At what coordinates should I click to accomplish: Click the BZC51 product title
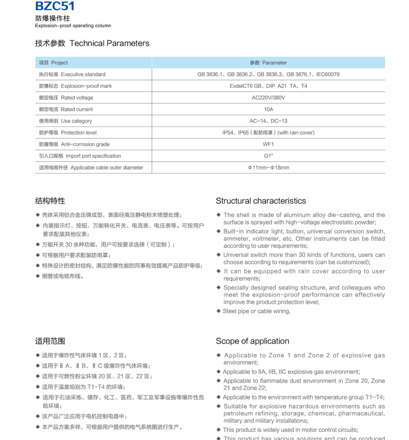(x=55, y=6)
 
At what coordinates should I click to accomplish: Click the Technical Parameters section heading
(x=92, y=43)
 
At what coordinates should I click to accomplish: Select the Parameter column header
(x=268, y=63)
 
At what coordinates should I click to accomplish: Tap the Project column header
(x=54, y=63)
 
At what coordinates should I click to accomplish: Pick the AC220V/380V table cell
(x=268, y=98)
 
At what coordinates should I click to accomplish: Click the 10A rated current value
(x=268, y=109)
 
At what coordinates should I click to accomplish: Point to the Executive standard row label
(x=72, y=75)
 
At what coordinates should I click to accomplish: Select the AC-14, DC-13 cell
(x=268, y=121)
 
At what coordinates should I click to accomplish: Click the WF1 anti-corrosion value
(x=268, y=144)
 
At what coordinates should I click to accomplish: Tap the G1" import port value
(x=268, y=156)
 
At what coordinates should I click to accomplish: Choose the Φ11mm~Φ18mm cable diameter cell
(x=268, y=168)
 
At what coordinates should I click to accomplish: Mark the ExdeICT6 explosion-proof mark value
(x=268, y=86)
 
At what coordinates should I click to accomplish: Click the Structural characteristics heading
(x=261, y=201)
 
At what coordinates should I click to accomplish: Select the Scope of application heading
(x=252, y=341)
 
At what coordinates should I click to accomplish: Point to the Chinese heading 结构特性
(x=50, y=201)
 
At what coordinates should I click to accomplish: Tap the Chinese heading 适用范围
(x=50, y=341)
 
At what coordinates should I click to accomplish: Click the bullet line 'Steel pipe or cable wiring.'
(x=256, y=311)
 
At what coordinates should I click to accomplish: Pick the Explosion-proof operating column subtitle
(x=73, y=26)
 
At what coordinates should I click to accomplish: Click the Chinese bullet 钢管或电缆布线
(x=63, y=276)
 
